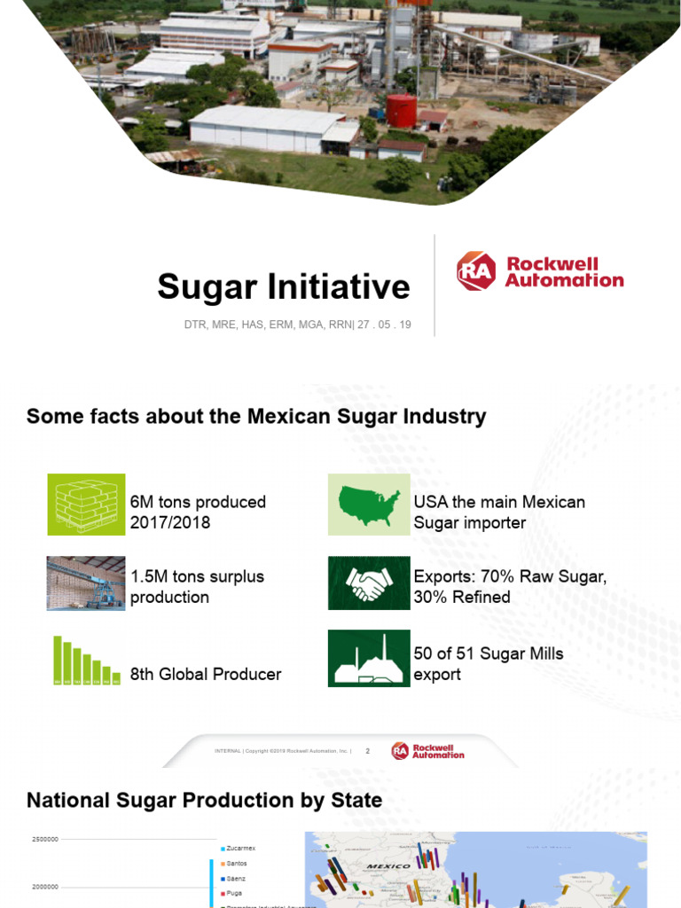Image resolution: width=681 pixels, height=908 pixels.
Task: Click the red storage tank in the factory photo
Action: tap(401, 111)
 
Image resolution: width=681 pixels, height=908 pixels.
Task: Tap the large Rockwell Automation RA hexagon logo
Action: tap(476, 271)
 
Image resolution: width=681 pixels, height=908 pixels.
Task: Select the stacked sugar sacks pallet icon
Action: tap(86, 505)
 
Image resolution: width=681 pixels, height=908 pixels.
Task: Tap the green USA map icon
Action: tap(369, 505)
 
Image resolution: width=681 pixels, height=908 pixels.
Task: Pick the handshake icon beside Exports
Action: tap(369, 583)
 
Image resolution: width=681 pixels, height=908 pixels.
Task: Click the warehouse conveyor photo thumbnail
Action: tap(86, 583)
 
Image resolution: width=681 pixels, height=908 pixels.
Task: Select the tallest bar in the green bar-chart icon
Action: tap(58, 658)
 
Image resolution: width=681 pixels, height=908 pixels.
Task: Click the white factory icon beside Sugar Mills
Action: tap(369, 659)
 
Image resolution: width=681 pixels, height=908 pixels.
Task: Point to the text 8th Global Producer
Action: tap(206, 674)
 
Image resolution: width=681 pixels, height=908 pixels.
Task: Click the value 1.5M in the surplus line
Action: tap(150, 576)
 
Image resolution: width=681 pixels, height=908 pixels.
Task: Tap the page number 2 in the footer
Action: tap(367, 751)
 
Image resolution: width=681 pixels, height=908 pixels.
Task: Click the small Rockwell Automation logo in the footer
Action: tap(427, 751)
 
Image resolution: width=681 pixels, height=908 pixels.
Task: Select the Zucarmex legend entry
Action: tap(240, 849)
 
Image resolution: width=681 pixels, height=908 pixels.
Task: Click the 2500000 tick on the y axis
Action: tap(45, 839)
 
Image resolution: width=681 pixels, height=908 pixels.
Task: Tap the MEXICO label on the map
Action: tap(388, 865)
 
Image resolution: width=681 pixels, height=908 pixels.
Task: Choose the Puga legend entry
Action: tap(234, 893)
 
